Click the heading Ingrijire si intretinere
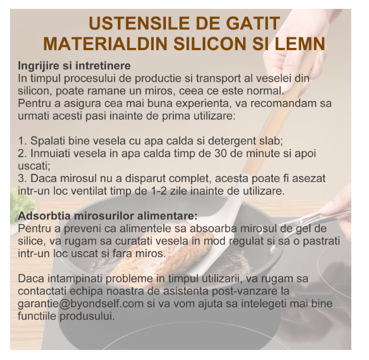(75, 66)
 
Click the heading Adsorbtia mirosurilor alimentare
(108, 216)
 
